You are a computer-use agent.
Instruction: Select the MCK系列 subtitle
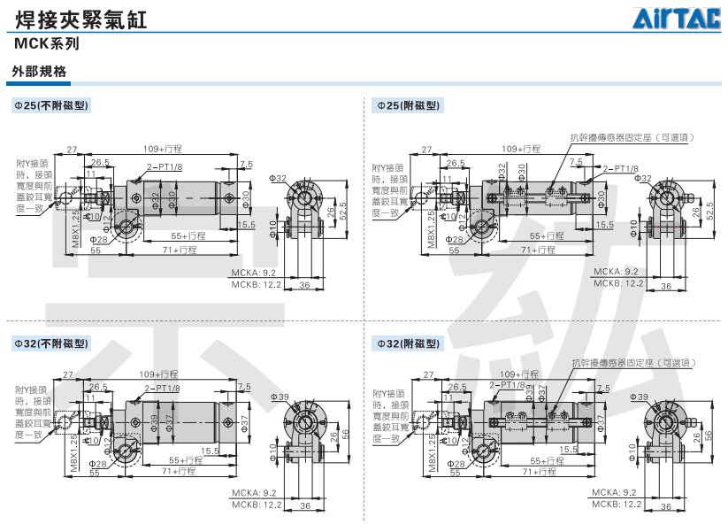click(47, 42)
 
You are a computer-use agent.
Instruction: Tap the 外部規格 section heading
click(39, 72)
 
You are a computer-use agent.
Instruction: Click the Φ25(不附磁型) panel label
click(50, 105)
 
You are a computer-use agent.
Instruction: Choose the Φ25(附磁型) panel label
click(409, 105)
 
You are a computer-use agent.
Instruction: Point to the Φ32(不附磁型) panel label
click(50, 343)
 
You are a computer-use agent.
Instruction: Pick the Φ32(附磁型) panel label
click(409, 343)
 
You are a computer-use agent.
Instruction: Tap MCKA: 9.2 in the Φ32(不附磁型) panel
click(255, 492)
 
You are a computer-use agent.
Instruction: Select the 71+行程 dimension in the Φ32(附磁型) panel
click(539, 472)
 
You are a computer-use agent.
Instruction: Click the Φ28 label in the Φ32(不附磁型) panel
click(98, 464)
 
